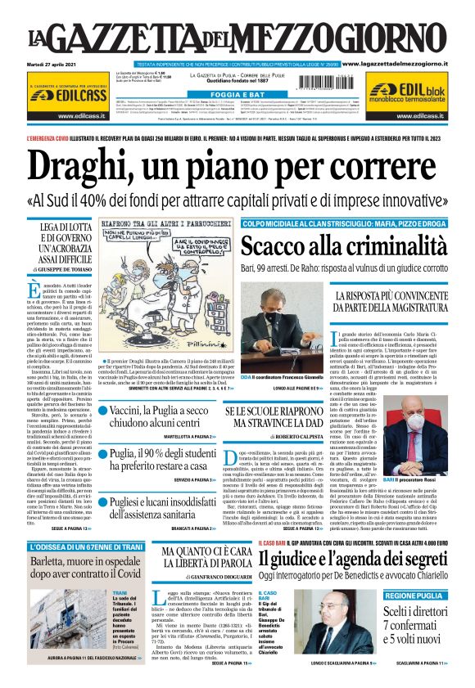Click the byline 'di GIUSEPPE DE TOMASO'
pos(57,268)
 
